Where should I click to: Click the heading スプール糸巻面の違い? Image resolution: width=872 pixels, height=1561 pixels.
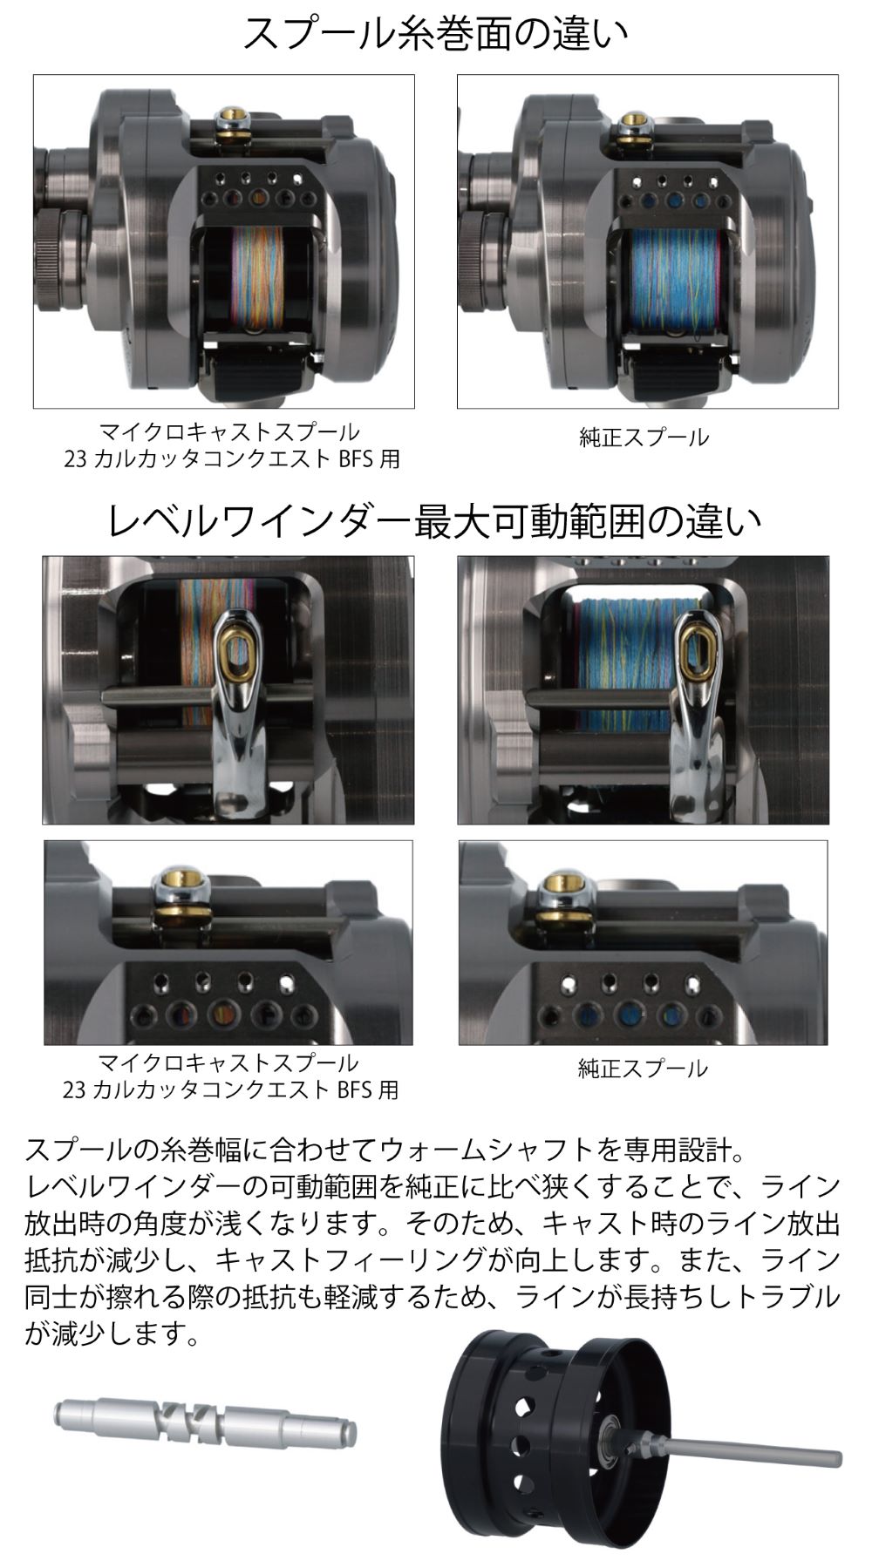(x=435, y=36)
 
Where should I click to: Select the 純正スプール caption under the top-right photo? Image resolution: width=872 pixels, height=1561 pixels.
(x=644, y=438)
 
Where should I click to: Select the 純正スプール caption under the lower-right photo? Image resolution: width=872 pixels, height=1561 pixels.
(x=643, y=1068)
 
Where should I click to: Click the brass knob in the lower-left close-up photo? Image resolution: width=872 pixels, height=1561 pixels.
(x=181, y=887)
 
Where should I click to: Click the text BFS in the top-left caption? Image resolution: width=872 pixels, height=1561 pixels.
(x=357, y=458)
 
